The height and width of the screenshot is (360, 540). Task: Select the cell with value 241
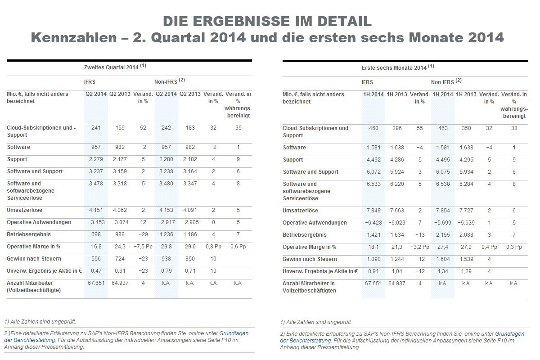click(x=96, y=128)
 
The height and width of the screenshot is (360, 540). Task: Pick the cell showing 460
click(x=373, y=128)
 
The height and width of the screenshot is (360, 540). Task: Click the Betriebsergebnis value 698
click(x=96, y=234)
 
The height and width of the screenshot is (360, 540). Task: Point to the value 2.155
click(x=442, y=235)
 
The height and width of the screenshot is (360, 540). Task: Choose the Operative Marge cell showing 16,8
click(x=96, y=247)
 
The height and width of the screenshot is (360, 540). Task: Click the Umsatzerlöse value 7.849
click(x=373, y=211)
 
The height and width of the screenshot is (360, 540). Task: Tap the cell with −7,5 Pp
click(x=143, y=247)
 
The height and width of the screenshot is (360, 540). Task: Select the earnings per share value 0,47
click(x=96, y=271)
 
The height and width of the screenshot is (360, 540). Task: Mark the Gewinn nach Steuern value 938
click(x=166, y=259)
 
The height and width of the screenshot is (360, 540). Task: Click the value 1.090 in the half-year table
click(x=373, y=259)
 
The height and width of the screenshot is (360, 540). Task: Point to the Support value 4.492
click(x=373, y=160)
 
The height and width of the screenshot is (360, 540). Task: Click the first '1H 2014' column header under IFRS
click(x=373, y=94)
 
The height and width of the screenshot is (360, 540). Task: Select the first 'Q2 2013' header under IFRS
click(x=120, y=94)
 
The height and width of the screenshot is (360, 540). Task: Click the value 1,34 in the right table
click(x=442, y=271)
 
